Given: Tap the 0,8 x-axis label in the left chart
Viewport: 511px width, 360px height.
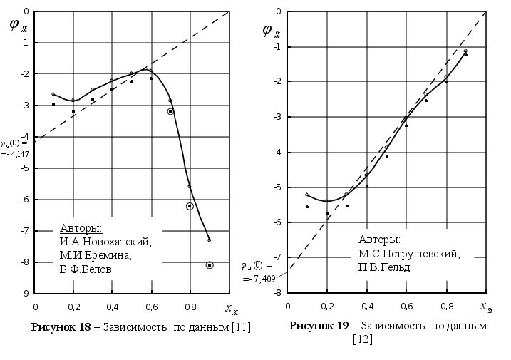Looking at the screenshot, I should [190, 307].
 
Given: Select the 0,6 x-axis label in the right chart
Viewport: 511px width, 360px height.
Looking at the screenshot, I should [406, 307].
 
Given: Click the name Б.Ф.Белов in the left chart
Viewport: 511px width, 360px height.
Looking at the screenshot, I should [90, 270].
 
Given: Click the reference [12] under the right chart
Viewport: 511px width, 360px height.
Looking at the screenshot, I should [362, 339].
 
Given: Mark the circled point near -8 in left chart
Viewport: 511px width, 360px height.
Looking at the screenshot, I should [210, 265].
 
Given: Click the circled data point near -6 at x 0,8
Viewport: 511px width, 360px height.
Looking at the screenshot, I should [190, 206].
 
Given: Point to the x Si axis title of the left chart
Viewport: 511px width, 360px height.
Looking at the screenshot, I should [231, 308].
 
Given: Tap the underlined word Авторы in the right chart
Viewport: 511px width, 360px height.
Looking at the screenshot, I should [379, 240].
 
